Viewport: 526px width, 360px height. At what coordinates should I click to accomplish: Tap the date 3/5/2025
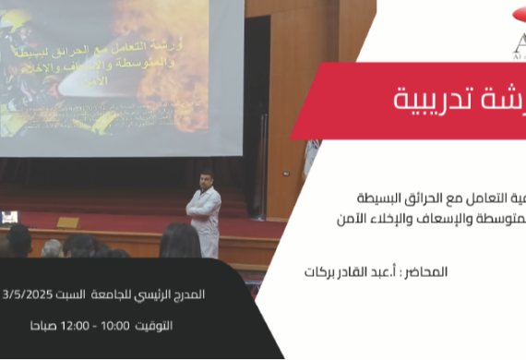click(25, 295)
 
